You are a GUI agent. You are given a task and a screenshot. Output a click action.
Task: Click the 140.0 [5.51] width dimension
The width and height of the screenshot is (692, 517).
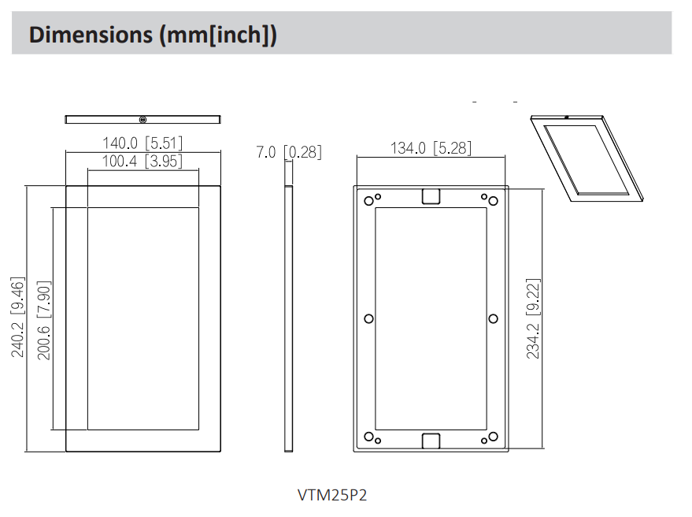click(x=142, y=143)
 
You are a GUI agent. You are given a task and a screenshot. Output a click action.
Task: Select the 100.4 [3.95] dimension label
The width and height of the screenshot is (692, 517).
click(x=142, y=162)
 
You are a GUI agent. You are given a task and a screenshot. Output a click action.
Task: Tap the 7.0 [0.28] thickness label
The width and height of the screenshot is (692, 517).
click(x=289, y=152)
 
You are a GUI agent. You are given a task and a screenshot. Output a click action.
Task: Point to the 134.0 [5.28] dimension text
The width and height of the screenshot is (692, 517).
click(x=431, y=148)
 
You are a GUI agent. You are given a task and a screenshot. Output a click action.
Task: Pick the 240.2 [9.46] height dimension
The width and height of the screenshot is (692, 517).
click(x=17, y=318)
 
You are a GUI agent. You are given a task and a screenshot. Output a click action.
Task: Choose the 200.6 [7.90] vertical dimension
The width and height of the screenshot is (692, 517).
click(x=44, y=319)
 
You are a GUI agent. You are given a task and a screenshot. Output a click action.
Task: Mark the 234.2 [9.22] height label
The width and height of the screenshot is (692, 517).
click(x=534, y=318)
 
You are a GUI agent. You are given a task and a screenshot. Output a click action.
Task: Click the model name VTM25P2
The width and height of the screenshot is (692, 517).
click(x=332, y=495)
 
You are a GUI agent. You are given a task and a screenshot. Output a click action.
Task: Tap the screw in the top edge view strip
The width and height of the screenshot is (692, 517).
click(x=142, y=120)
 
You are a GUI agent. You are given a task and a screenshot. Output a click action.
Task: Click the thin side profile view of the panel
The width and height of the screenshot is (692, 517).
click(x=288, y=318)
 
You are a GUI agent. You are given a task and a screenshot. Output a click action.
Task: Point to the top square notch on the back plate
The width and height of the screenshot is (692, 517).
click(x=431, y=196)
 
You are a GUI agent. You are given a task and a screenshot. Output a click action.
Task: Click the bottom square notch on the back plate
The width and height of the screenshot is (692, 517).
click(x=431, y=441)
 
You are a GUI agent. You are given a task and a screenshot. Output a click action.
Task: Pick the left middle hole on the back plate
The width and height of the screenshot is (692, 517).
click(x=368, y=318)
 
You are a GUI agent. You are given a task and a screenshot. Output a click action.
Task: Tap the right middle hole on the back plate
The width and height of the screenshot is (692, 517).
click(x=494, y=318)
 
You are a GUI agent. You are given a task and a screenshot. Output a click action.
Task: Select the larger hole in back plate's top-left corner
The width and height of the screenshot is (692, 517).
click(x=368, y=200)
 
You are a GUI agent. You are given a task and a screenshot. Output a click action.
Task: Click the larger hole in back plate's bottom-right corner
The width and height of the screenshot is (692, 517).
click(x=494, y=437)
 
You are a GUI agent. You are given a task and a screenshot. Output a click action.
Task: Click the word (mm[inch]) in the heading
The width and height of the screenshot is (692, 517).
click(x=218, y=35)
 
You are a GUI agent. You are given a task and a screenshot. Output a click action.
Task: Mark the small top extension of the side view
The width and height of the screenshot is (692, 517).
click(x=288, y=174)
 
